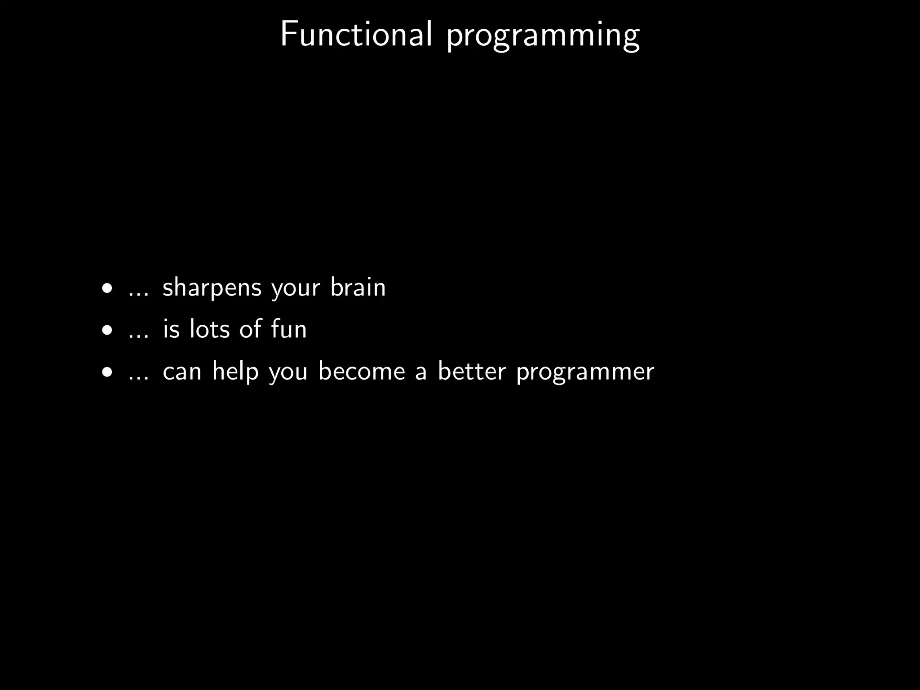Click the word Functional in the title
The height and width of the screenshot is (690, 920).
(356, 35)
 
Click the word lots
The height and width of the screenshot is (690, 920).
(209, 329)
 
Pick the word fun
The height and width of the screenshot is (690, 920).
(289, 329)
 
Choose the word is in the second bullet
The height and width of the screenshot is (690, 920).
(171, 329)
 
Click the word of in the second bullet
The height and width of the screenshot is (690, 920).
(250, 329)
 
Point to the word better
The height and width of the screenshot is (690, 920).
(472, 372)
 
